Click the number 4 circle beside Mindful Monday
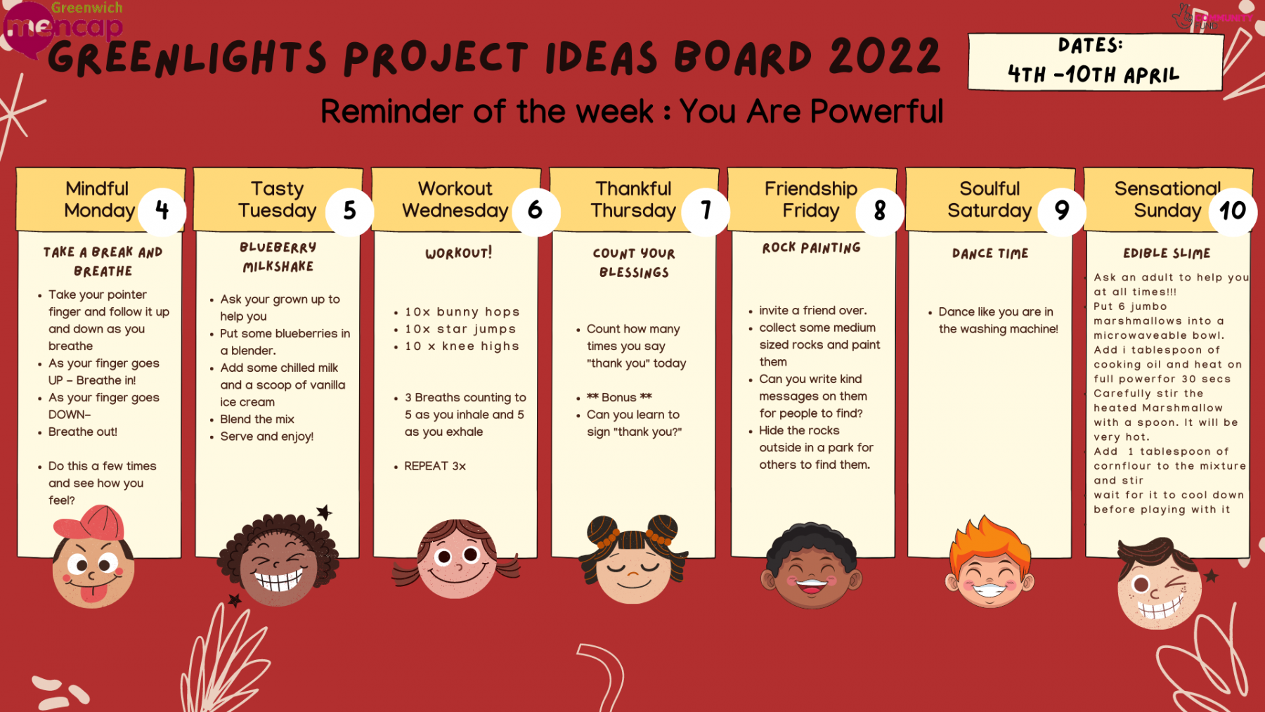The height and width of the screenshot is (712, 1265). coord(162,210)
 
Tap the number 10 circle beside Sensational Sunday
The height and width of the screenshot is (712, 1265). coord(1233,210)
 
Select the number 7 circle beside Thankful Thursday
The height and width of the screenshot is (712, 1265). coord(706,210)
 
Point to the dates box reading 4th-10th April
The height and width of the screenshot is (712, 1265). coord(1095,61)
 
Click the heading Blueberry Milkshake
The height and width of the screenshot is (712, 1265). coord(278,257)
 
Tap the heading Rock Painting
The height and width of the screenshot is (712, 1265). coord(812,247)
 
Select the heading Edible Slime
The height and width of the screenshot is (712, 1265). coord(1167,253)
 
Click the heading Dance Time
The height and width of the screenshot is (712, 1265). coord(990,253)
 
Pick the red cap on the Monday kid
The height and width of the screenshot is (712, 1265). coord(91,524)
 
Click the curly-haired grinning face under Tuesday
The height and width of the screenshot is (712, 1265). coord(279,559)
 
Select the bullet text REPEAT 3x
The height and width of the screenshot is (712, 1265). coord(435,466)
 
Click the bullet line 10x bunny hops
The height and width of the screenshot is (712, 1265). coord(462,312)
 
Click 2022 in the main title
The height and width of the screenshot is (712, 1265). coord(885,56)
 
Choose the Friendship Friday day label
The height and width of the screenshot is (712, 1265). coord(811,200)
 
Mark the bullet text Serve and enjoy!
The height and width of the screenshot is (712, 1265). coord(267,436)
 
